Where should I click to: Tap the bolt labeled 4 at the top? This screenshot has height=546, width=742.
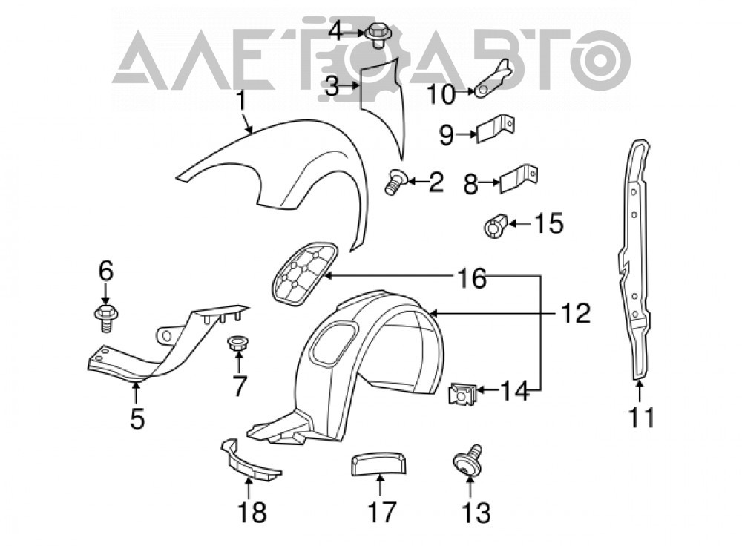point(377,34)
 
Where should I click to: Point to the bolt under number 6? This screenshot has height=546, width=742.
point(106,318)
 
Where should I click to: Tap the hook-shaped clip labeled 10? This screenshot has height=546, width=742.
point(492,79)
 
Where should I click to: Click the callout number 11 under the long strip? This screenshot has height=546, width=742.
point(641,416)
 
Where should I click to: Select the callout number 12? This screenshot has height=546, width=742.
point(576,313)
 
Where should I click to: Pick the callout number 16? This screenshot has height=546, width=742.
point(472,278)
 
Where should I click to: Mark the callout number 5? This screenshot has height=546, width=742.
point(137,418)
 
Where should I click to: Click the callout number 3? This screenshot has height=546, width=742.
point(332,87)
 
